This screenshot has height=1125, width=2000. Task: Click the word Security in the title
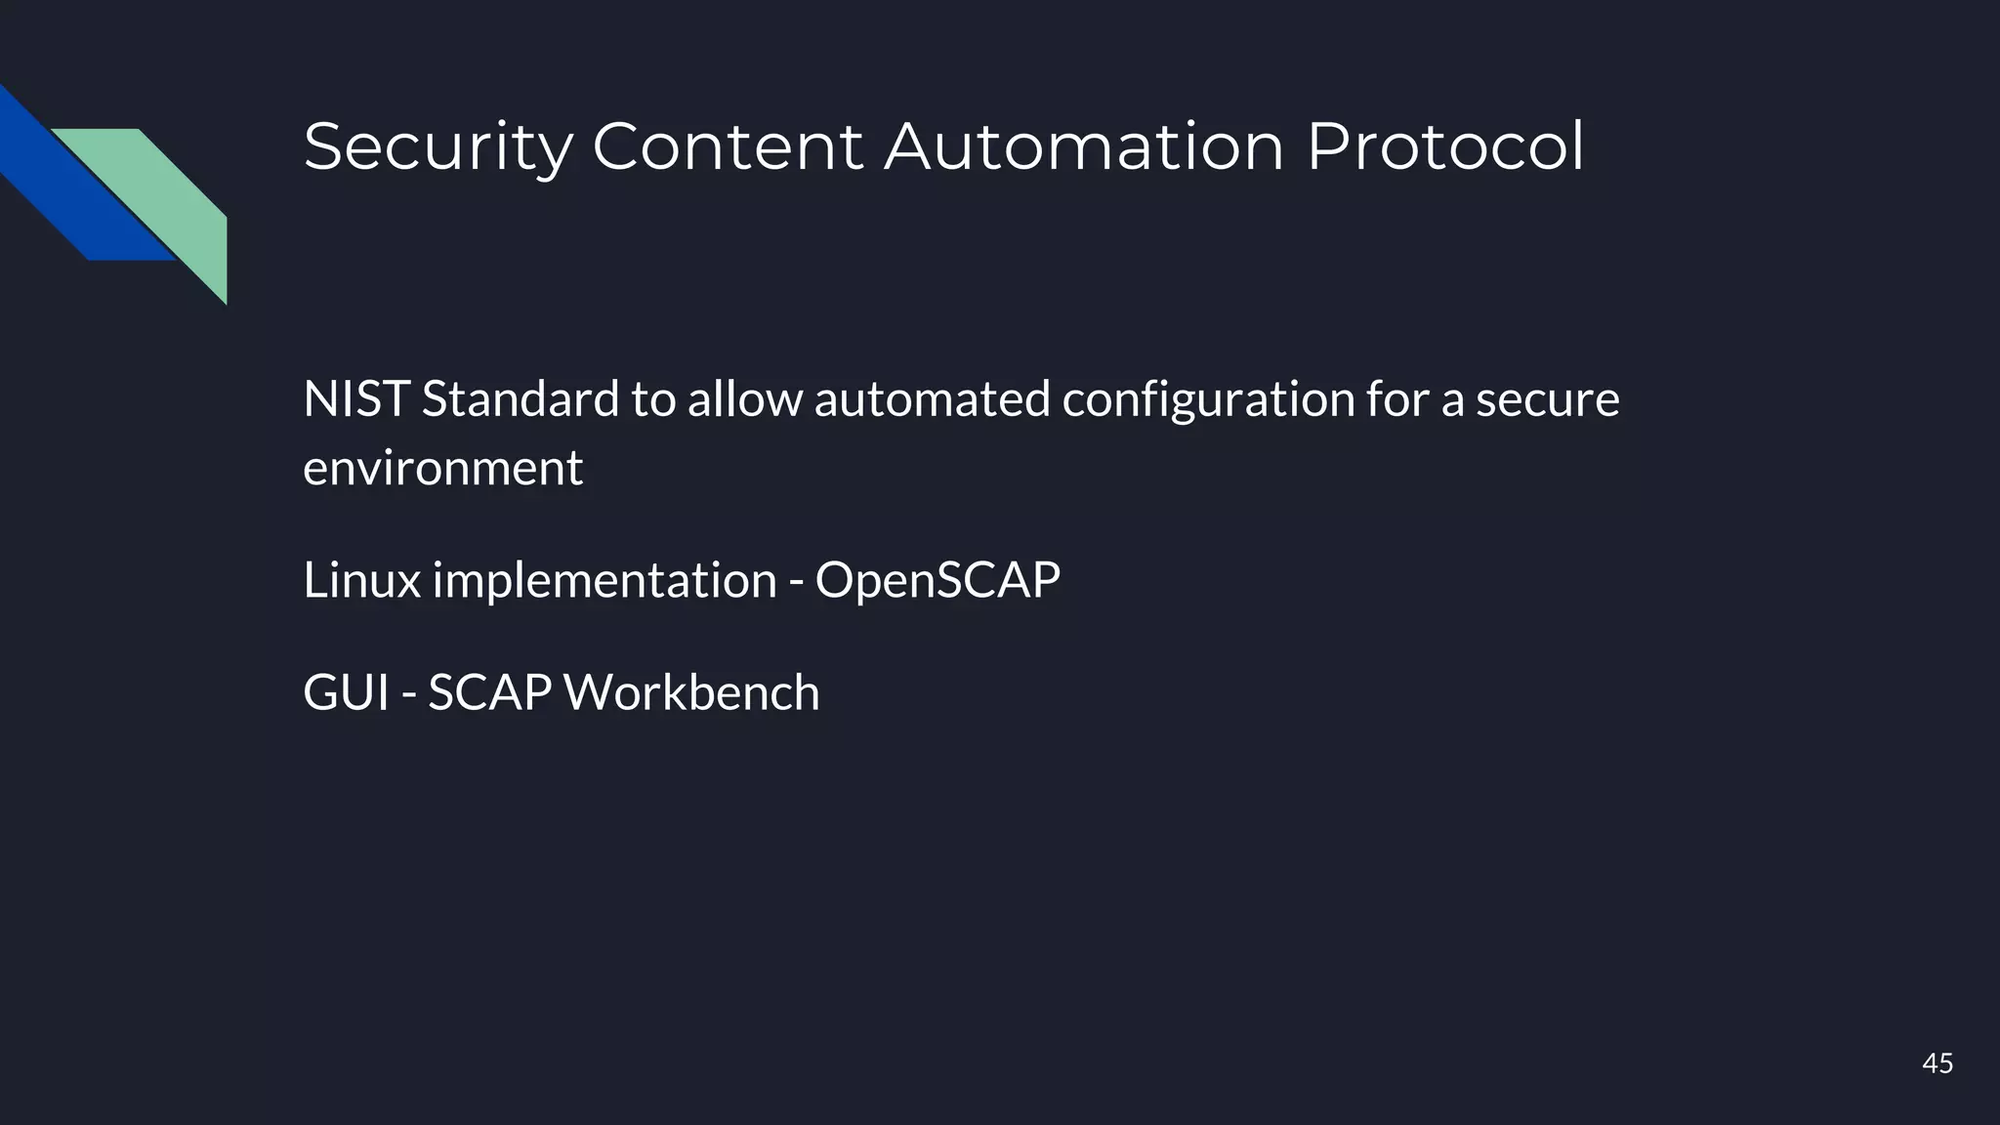[437, 148]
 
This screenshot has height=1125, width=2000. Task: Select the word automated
[932, 399]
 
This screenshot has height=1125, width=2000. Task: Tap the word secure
[1547, 399]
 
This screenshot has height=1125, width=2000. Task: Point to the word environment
[442, 468]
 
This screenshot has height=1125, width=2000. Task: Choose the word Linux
[361, 580]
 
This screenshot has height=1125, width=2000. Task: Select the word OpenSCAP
[937, 580]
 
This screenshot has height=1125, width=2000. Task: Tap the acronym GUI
[346, 692]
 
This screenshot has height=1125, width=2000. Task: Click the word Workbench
[691, 692]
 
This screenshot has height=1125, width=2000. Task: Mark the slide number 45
[1937, 1063]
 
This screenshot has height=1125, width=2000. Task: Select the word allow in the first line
[744, 399]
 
